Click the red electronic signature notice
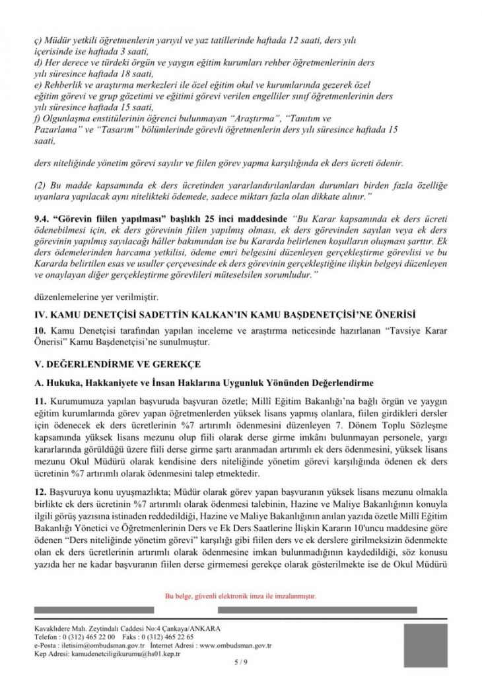(x=240, y=596)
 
